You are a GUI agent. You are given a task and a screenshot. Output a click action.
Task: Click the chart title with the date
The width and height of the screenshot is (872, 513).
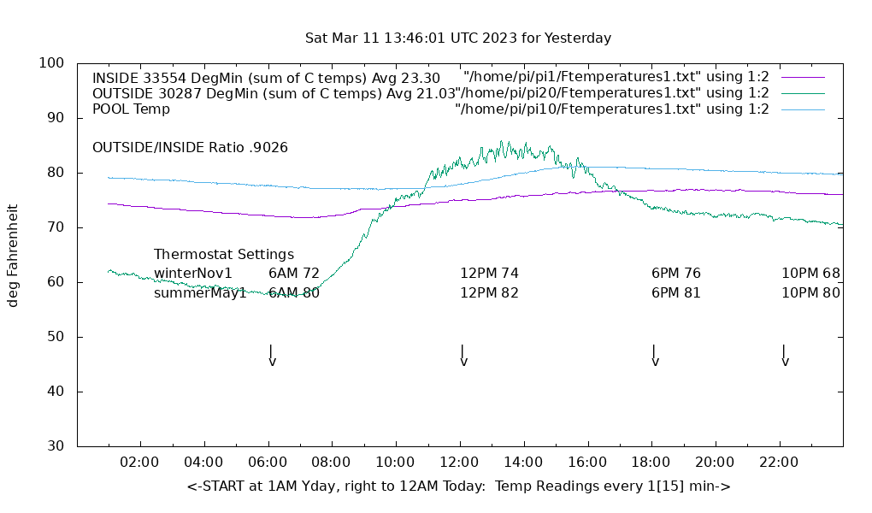point(458,38)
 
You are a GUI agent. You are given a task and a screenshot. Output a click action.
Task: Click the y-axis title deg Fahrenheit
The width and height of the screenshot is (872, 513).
point(13,255)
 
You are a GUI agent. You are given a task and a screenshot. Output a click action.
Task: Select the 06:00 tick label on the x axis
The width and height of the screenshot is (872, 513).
point(268,463)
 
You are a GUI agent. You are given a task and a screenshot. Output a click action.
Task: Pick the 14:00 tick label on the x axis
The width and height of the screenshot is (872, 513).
point(523,463)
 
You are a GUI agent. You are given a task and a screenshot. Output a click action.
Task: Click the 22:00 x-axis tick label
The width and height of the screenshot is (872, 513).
point(779,463)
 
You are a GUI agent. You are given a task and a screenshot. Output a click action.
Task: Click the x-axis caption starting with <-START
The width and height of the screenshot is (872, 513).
point(458,486)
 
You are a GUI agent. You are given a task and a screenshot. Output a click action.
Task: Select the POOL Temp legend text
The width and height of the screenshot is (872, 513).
point(131,109)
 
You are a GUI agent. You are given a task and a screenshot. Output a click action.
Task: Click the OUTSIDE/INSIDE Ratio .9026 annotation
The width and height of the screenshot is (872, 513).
point(190,147)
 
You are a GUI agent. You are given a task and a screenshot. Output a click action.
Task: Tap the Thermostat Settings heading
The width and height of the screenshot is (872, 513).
point(224,255)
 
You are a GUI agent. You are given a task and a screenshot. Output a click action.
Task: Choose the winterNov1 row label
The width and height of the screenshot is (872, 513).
point(193,274)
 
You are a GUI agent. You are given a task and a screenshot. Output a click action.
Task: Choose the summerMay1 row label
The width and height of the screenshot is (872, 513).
point(200,292)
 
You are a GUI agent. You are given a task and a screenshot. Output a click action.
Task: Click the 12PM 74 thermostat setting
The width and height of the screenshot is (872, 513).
point(490,274)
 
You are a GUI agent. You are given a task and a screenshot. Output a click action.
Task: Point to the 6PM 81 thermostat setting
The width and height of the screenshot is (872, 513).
point(676,292)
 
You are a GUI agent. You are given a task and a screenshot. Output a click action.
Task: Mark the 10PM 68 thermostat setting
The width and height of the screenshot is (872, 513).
point(810,274)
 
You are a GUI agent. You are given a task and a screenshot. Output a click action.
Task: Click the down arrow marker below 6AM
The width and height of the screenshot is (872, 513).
point(272,355)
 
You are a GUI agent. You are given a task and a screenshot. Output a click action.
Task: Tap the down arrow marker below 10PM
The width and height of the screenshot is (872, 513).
point(785,355)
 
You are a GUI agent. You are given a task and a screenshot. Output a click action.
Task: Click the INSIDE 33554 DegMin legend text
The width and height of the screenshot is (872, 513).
point(266,78)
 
